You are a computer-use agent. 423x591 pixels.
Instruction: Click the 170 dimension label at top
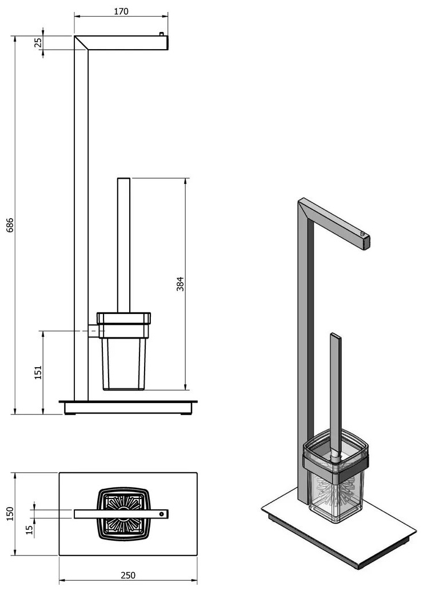coord(121,11)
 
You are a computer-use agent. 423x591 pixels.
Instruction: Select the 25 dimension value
coord(38,43)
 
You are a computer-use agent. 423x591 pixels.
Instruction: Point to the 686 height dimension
coord(10,224)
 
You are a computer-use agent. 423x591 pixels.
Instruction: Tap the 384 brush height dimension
coord(181,284)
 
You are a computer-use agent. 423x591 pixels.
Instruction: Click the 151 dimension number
coord(38,372)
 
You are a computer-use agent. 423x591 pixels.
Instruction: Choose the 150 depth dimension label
coord(10,514)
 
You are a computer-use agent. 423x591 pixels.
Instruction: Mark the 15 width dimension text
coord(30,530)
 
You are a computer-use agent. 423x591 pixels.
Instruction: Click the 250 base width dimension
coord(128,575)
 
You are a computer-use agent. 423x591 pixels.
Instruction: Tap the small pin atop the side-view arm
coord(162,34)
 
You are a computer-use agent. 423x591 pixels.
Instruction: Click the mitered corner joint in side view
coord(81,43)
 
